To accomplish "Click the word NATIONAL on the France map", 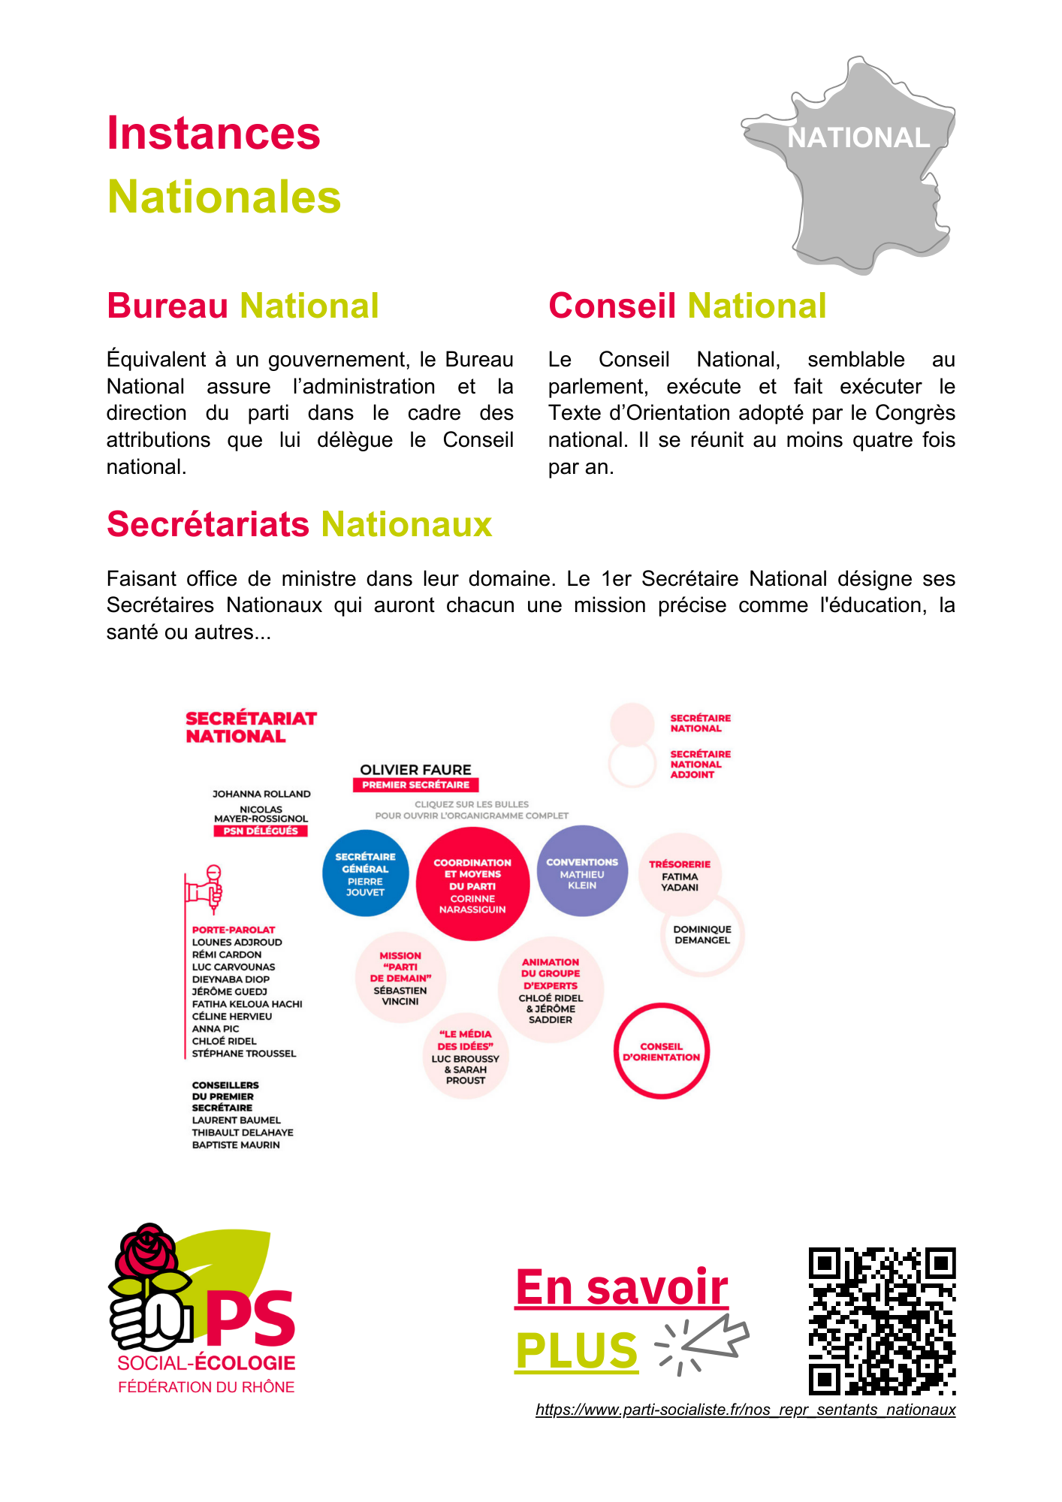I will point(858,138).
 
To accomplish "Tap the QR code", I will point(882,1321).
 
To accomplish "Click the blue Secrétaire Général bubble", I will point(366,873).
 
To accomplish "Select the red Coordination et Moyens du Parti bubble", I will point(472,885).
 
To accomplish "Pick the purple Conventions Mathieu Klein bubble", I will point(582,872).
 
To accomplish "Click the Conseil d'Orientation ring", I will point(661,1051).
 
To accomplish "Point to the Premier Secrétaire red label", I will point(415,785).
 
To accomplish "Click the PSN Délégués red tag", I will point(261,831).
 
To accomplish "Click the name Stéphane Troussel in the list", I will point(244,1054).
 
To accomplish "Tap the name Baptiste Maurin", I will point(236,1145).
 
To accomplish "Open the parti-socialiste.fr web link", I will point(745,1410).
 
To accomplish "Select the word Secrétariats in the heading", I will point(209,524).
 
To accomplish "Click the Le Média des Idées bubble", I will point(466,1057).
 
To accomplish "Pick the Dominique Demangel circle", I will point(702,935).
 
